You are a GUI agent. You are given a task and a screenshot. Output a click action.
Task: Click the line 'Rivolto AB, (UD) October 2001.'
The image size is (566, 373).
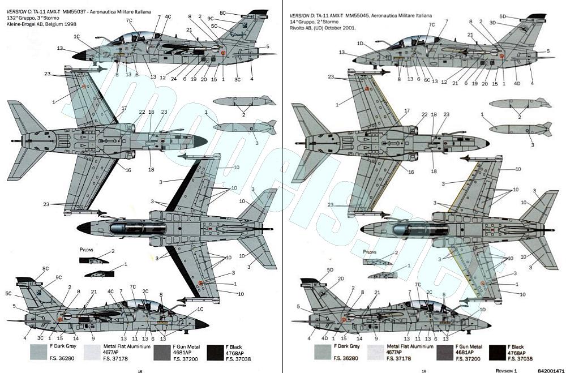[x=322, y=27]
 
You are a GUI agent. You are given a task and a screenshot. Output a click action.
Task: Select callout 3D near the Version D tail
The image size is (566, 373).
[x=492, y=23]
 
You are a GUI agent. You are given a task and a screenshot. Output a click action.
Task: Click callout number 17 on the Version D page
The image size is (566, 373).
[x=406, y=110]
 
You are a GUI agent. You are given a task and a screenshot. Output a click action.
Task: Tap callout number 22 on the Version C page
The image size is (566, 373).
[x=142, y=113]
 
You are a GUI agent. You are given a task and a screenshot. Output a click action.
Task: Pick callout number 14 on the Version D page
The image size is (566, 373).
[x=359, y=338]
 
